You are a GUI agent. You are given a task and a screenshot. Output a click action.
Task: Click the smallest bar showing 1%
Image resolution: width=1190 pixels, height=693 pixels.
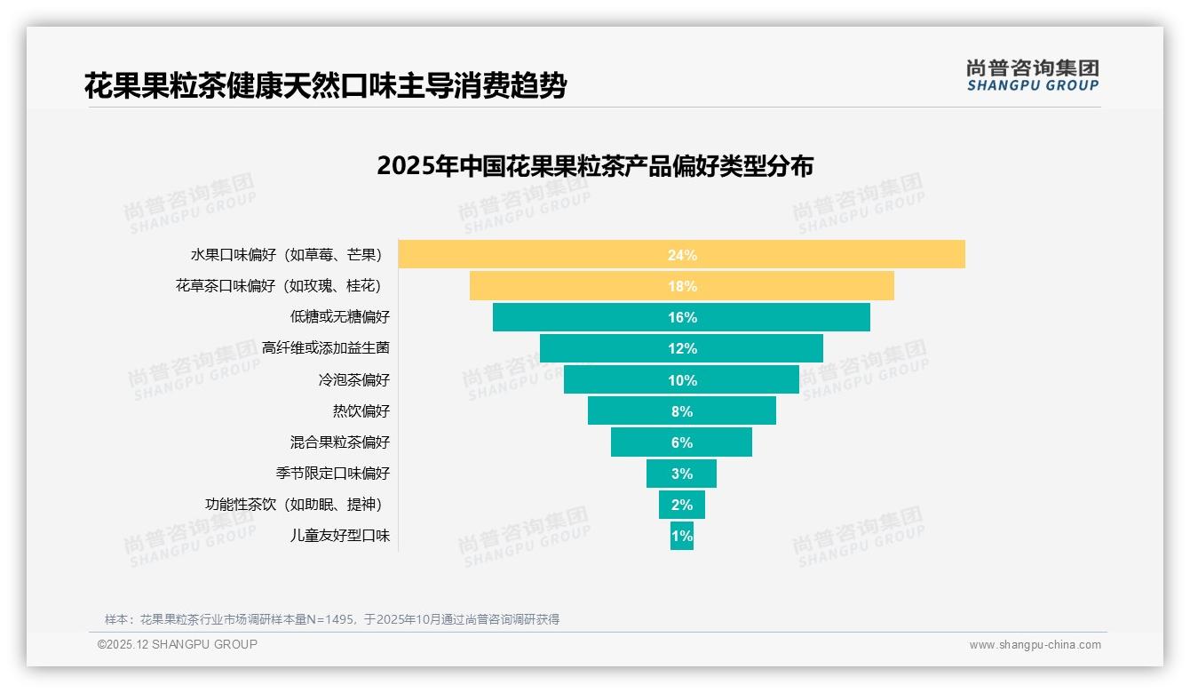[682, 536]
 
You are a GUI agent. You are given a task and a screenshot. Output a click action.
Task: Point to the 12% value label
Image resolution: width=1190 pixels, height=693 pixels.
[682, 348]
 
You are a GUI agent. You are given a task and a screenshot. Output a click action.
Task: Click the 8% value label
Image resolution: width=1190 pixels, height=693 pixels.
[682, 411]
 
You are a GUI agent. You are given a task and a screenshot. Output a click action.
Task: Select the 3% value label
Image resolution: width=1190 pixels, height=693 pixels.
[682, 474]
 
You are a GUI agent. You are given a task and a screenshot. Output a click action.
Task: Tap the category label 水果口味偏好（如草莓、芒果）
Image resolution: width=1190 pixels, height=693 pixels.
[286, 255]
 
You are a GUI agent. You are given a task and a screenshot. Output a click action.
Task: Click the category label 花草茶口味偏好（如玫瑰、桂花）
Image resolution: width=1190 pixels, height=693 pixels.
[279, 286]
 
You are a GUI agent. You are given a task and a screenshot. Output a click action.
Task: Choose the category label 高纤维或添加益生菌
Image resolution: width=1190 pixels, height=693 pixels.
[326, 348]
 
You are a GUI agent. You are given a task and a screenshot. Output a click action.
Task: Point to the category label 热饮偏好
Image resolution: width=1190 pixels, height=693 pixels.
[361, 411]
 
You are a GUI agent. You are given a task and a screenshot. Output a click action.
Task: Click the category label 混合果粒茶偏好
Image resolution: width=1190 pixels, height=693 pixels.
[339, 442]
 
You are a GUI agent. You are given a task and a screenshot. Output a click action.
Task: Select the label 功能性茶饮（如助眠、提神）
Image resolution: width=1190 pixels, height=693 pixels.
[293, 505]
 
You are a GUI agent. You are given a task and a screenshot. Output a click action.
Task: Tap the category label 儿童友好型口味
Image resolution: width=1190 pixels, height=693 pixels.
[339, 536]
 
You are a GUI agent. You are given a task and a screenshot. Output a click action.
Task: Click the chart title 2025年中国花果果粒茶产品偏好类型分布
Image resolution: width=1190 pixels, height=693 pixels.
[595, 166]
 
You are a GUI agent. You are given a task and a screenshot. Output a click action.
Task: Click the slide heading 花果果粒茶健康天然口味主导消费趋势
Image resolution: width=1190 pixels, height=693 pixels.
[325, 86]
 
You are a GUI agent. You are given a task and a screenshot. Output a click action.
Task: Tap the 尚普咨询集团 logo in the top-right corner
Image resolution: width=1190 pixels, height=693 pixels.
[1032, 76]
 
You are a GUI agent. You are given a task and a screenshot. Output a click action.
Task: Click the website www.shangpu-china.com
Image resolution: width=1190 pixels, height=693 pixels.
[1035, 645]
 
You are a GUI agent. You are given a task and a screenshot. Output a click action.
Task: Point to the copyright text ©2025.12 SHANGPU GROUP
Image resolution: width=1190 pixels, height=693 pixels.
[178, 644]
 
